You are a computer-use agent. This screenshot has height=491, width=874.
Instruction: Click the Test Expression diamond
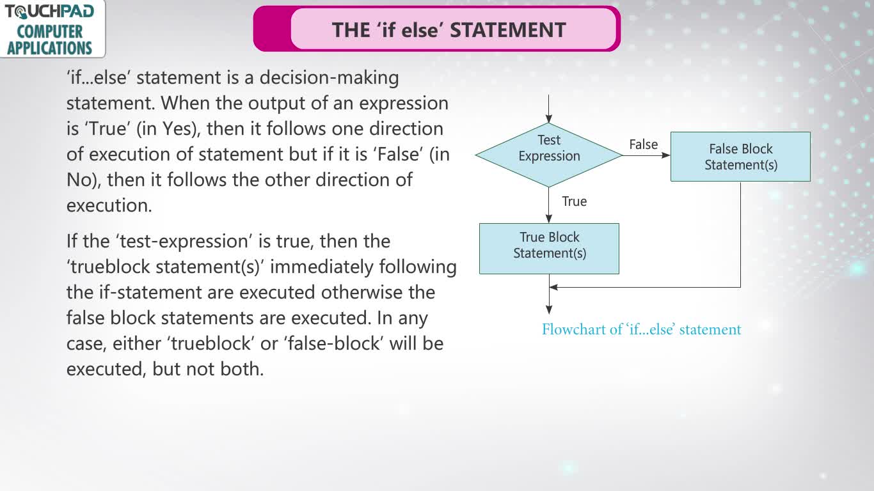[548, 155]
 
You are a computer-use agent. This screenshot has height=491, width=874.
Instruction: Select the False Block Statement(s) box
[740, 157]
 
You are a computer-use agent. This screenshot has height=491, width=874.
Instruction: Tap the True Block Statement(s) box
[549, 249]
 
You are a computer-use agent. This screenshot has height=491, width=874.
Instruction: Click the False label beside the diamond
[644, 144]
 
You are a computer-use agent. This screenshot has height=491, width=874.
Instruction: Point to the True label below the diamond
[574, 201]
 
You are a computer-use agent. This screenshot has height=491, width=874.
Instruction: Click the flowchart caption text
[642, 329]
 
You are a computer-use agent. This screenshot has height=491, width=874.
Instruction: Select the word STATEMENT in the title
[508, 30]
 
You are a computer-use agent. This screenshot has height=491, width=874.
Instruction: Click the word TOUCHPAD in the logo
[49, 12]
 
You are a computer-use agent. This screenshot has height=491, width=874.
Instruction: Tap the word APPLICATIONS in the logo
[49, 48]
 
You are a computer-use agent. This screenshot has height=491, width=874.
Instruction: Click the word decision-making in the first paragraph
[329, 78]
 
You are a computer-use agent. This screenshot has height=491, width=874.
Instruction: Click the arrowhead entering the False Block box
[666, 155]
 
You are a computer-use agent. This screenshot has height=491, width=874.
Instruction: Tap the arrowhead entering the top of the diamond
[548, 118]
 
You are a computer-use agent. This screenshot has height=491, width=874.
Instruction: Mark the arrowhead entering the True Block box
[548, 219]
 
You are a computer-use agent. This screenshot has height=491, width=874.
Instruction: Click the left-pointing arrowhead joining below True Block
[553, 288]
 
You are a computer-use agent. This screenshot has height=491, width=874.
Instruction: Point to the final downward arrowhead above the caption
[548, 310]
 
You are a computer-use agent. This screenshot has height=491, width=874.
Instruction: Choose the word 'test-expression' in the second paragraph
[184, 242]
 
